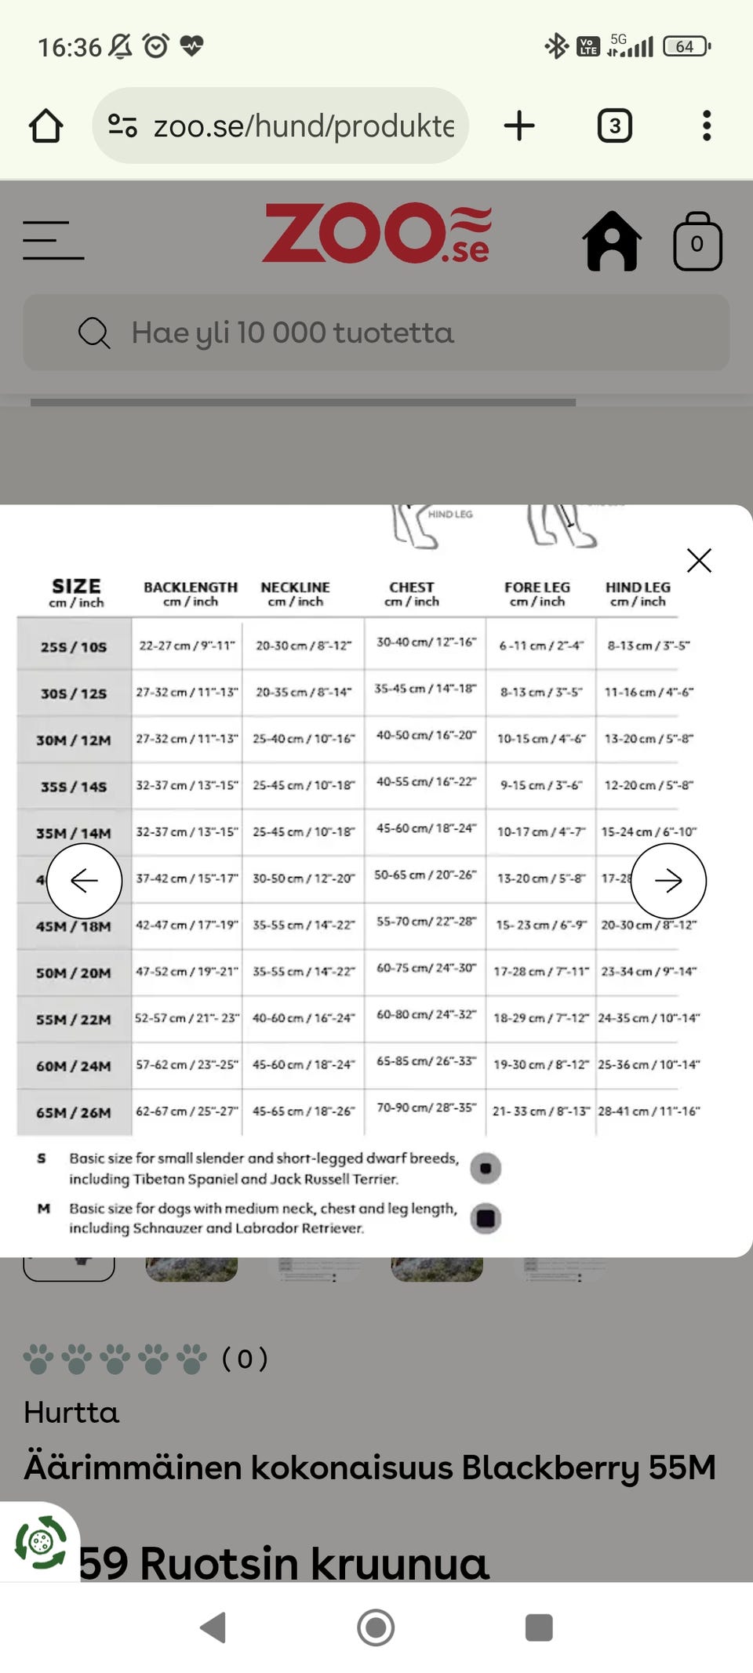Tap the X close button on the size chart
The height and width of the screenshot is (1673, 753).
pyautogui.click(x=699, y=560)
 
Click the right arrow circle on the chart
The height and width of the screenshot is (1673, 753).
pyautogui.click(x=668, y=881)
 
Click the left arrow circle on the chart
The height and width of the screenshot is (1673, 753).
pyautogui.click(x=84, y=881)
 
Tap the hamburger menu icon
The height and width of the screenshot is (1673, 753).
pyautogui.click(x=53, y=240)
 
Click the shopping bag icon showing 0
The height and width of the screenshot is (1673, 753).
pyautogui.click(x=697, y=242)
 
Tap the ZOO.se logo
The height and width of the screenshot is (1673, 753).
pyautogui.click(x=376, y=233)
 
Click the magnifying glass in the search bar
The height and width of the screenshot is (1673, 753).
pyautogui.click(x=94, y=333)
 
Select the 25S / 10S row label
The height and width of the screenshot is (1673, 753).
pyautogui.click(x=74, y=646)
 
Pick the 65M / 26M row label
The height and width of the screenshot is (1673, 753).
pyautogui.click(x=74, y=1112)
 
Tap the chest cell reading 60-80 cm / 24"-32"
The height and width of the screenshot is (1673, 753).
pyautogui.click(x=426, y=1014)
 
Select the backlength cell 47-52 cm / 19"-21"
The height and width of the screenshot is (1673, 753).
pyautogui.click(x=186, y=971)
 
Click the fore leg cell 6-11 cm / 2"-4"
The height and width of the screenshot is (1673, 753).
pyautogui.click(x=541, y=646)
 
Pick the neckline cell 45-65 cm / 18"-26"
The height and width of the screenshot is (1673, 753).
pyautogui.click(x=304, y=1111)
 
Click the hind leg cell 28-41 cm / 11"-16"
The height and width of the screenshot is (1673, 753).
pyautogui.click(x=649, y=1111)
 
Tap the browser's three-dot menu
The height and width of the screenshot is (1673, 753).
pyautogui.click(x=707, y=125)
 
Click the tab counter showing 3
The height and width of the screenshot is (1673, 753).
pyautogui.click(x=615, y=125)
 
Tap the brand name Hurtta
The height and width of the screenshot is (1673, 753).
pyautogui.click(x=71, y=1412)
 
